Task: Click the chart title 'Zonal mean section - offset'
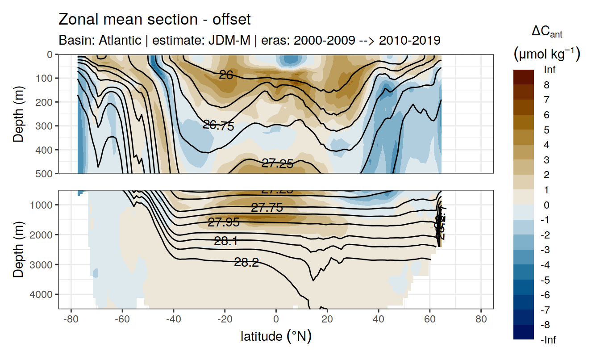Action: point(154,20)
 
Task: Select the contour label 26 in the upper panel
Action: point(226,75)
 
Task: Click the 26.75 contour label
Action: point(218,126)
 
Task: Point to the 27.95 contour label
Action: point(223,222)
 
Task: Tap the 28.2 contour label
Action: point(246,263)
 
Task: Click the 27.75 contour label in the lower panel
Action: point(267,208)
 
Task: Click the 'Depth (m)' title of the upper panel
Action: point(18,113)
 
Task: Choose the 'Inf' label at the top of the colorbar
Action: point(550,70)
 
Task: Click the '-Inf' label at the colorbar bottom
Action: point(549,340)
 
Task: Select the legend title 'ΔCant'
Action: point(546,32)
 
